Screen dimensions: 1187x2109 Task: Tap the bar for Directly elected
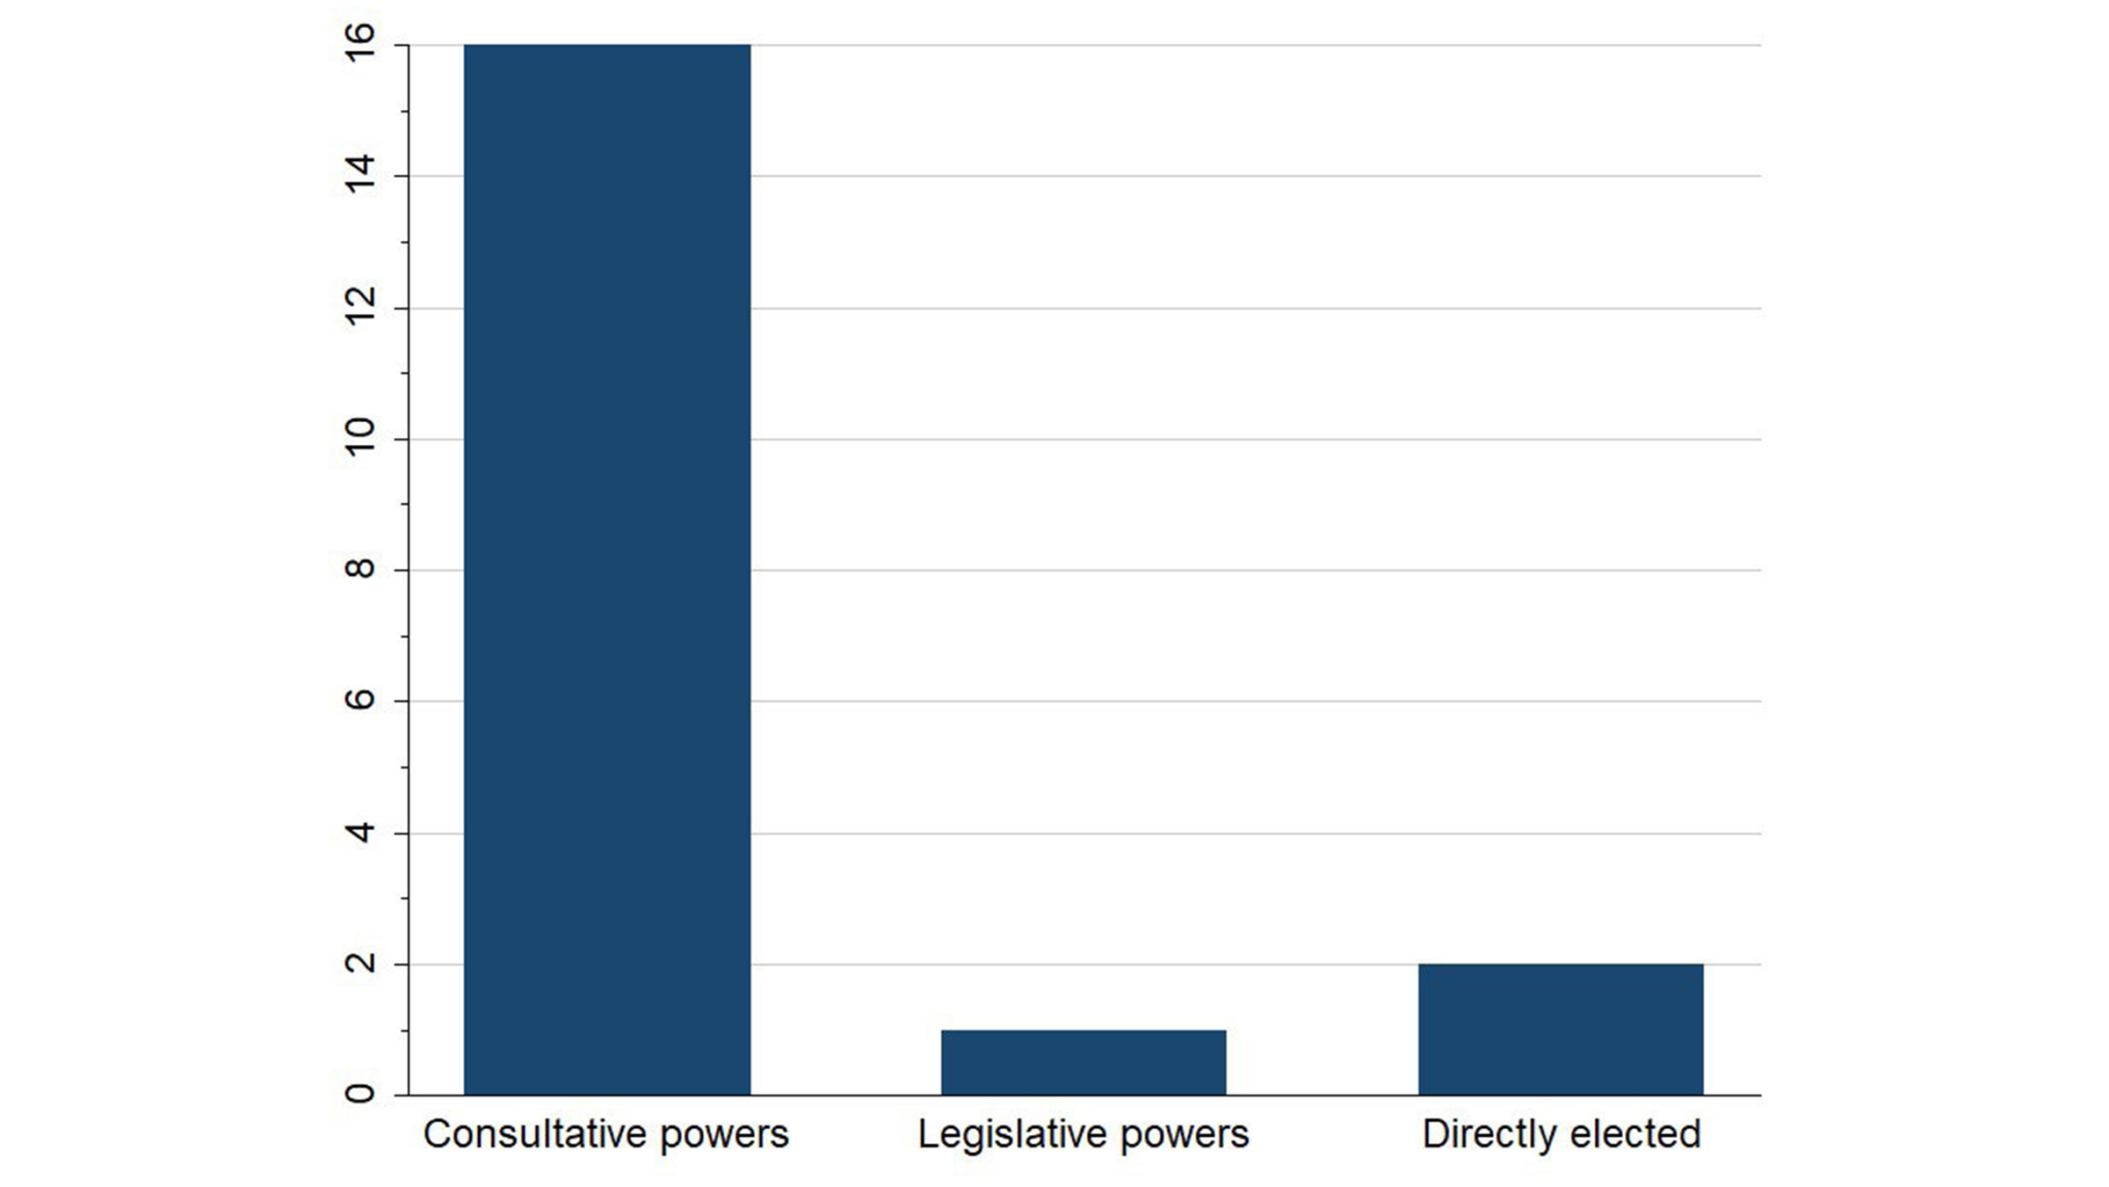pos(1561,1030)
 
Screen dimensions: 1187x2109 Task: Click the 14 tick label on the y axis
pos(360,174)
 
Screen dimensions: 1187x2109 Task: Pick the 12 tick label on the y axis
pos(360,307)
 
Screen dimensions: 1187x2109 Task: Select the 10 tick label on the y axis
pos(360,438)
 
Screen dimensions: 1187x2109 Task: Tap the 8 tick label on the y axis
pos(360,569)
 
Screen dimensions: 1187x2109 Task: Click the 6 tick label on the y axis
pos(360,700)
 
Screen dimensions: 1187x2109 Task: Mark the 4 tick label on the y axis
pos(360,832)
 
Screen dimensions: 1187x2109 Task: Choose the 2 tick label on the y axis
pos(360,963)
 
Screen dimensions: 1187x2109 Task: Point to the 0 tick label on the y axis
pos(360,1094)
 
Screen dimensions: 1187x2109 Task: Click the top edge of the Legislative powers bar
pos(1083,1030)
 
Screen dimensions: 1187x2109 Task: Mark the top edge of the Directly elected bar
pos(1561,965)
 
